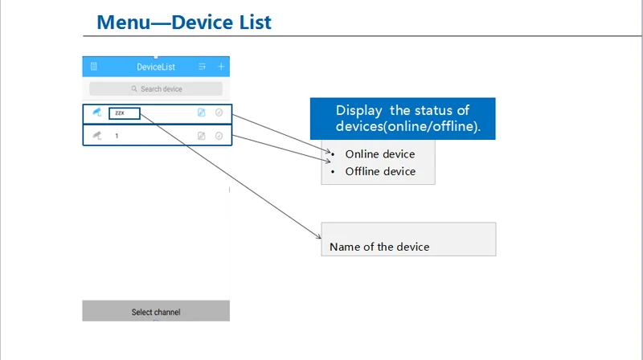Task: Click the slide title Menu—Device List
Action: click(184, 22)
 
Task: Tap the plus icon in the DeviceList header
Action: click(221, 67)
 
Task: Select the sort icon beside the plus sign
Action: click(202, 67)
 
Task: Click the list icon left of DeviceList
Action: click(94, 67)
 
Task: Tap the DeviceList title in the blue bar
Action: click(156, 67)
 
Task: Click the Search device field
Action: click(156, 89)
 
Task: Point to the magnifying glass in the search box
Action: click(134, 88)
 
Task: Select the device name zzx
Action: click(120, 112)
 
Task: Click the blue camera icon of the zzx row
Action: click(96, 112)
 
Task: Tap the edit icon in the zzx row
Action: click(202, 112)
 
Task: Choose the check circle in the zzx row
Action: click(219, 112)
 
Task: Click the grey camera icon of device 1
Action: click(96, 135)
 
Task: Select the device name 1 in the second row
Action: click(117, 136)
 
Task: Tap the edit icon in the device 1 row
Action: click(202, 136)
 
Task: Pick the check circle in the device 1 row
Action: click(219, 136)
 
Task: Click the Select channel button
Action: click(156, 311)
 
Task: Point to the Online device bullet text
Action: click(380, 154)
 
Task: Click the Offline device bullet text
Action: click(380, 171)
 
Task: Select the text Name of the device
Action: click(379, 247)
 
